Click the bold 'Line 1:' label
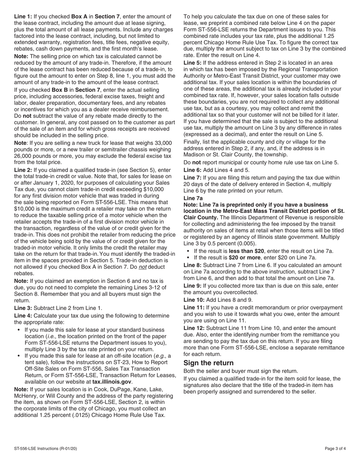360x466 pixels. (23, 17)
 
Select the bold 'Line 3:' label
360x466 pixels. (23, 308)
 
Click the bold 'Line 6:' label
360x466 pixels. (193, 170)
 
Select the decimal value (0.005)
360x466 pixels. (245, 244)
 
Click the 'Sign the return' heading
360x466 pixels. (208, 363)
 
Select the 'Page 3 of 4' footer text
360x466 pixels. (335, 449)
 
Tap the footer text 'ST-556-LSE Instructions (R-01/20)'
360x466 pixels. (45, 449)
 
